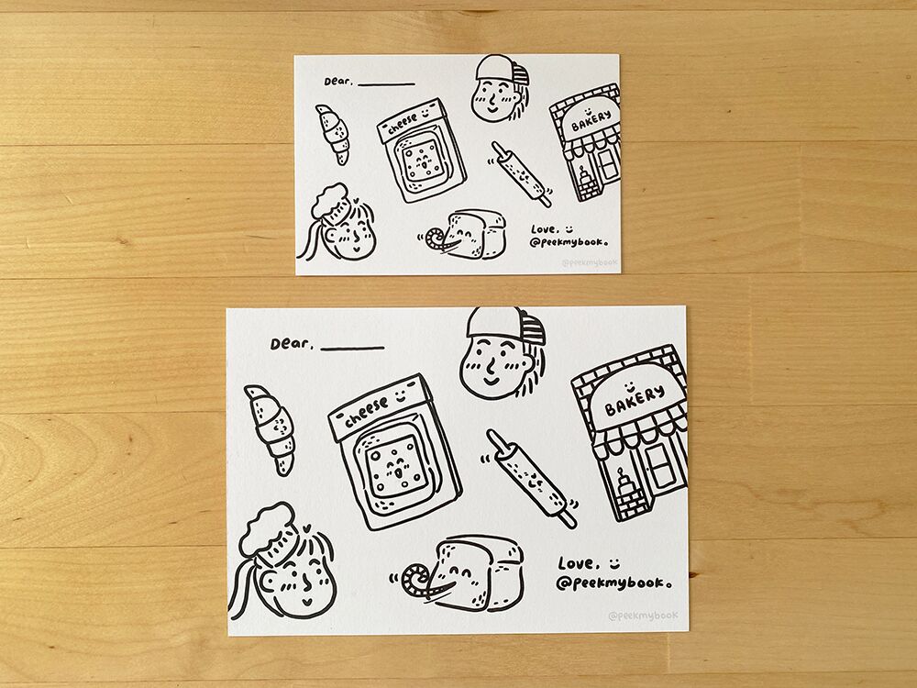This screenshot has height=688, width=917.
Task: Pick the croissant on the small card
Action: click(x=334, y=134)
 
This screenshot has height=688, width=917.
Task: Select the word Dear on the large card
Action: click(x=291, y=344)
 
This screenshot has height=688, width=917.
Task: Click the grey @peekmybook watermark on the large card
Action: click(x=643, y=616)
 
